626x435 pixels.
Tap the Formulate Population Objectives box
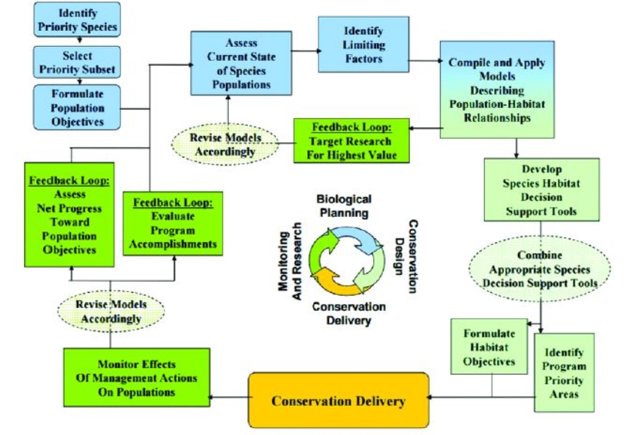77,107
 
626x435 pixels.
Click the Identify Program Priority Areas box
564,372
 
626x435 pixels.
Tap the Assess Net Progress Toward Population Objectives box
69,215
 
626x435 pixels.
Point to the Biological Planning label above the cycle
344,206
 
